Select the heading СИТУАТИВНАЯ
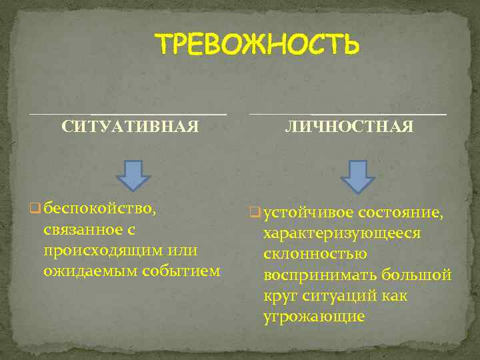pyautogui.click(x=130, y=127)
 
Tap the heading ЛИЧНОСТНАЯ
pyautogui.click(x=349, y=127)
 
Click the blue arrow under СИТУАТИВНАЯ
pyautogui.click(x=132, y=175)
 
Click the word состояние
pyautogui.click(x=400, y=213)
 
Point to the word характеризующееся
pyautogui.click(x=342, y=234)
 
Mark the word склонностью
pyautogui.click(x=315, y=255)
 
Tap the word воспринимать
pyautogui.click(x=322, y=275)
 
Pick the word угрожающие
pyautogui.click(x=314, y=316)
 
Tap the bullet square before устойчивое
pyautogui.click(x=254, y=214)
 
